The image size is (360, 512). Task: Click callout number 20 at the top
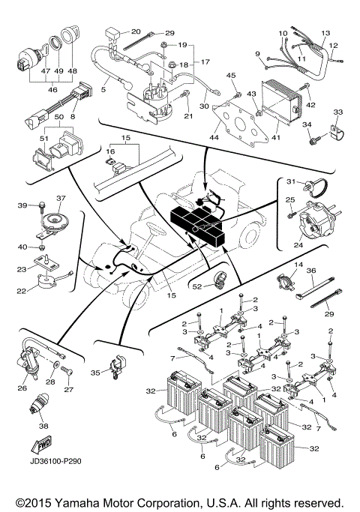(136, 31)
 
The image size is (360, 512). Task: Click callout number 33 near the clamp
(338, 112)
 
